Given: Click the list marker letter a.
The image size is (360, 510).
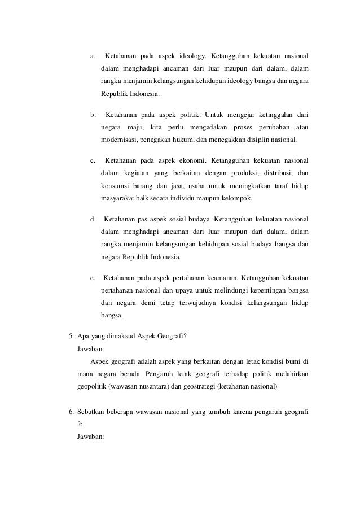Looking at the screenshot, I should tap(93, 56).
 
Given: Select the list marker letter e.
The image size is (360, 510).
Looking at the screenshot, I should tap(93, 278).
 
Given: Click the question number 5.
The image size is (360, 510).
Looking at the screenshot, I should tap(71, 338).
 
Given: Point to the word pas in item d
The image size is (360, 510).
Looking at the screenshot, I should tap(139, 218).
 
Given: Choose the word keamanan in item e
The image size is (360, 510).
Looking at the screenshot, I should tap(221, 278).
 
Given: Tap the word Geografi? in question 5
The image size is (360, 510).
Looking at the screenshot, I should tap(172, 338).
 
